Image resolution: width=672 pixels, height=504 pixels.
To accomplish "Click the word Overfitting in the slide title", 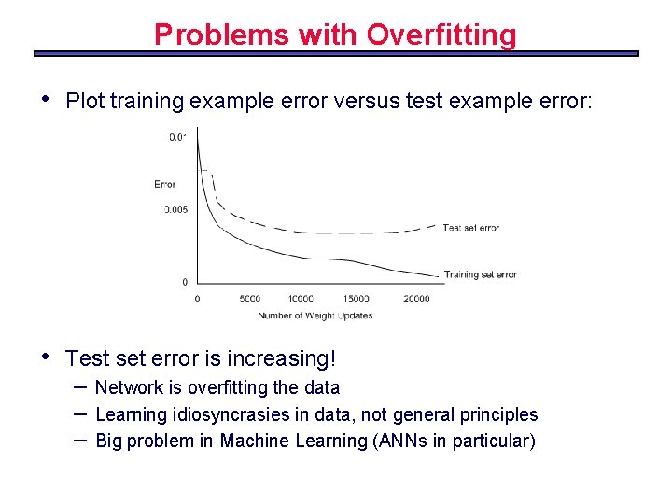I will click(x=441, y=35).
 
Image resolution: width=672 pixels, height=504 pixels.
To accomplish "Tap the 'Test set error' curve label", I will click(x=470, y=228).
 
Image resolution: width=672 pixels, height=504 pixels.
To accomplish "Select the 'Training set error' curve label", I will click(x=480, y=274).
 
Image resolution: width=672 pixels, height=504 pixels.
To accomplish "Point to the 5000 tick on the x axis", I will click(x=249, y=299).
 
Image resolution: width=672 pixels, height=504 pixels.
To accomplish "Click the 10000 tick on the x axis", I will click(x=301, y=299).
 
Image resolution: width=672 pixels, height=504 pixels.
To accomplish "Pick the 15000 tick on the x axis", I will click(x=355, y=299).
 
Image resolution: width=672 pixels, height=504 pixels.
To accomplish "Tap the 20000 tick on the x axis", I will click(x=416, y=299).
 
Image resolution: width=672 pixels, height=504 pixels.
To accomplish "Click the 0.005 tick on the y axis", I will click(x=176, y=209).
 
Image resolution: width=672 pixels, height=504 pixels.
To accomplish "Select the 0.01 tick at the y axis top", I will click(x=177, y=137).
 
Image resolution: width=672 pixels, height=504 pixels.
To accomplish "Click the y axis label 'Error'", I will click(x=165, y=184).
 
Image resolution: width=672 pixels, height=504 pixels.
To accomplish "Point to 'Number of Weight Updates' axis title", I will click(x=315, y=315).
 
